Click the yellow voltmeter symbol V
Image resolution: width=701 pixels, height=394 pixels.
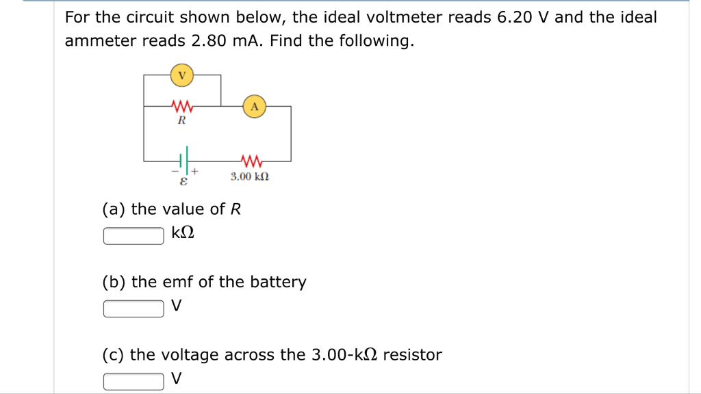pos(181,75)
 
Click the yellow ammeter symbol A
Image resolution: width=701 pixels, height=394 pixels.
pos(255,107)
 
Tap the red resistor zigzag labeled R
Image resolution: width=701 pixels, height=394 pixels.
pos(182,106)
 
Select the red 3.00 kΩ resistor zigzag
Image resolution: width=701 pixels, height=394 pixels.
pos(251,161)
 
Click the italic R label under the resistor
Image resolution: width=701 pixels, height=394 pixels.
pos(181,121)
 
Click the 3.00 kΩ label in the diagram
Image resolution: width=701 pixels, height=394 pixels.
pos(249,176)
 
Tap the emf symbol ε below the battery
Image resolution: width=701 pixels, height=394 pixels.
pos(183,183)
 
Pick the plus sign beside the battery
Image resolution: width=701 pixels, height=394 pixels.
pos(195,171)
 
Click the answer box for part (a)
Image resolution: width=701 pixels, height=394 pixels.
pos(133,235)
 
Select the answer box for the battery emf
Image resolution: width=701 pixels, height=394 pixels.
pos(133,308)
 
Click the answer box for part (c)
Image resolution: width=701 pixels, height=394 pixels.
pos(133,381)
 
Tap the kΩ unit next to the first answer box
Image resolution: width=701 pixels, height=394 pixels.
pos(183,234)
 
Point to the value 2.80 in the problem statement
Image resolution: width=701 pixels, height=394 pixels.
pos(212,41)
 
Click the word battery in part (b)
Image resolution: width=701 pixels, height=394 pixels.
pos(278,283)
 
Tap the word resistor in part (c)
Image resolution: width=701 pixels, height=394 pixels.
pos(412,355)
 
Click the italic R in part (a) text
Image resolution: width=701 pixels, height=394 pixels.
pos(235,209)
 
